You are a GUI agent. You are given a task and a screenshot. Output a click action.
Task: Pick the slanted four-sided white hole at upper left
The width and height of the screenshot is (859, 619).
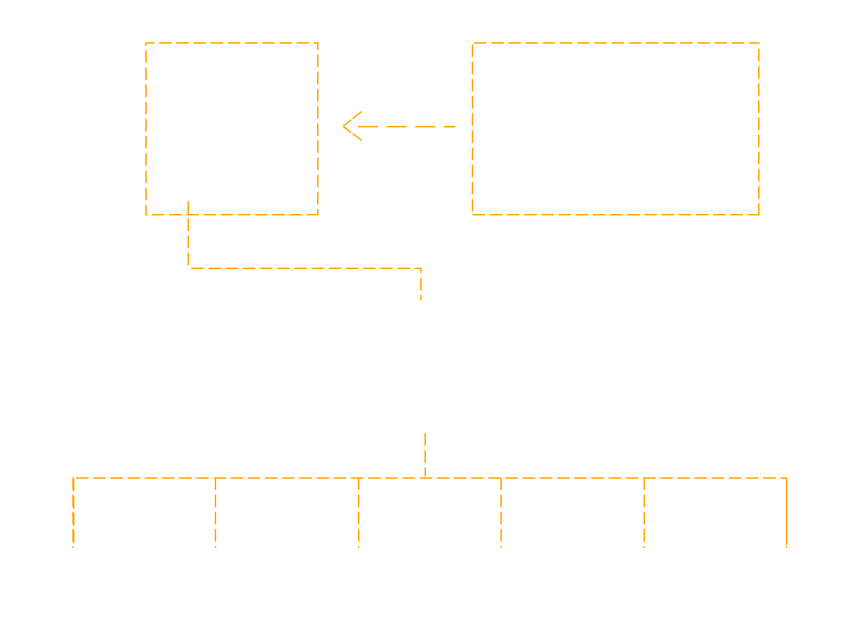[x=236, y=136]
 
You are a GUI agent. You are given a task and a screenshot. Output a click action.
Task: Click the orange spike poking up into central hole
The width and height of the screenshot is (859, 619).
[x=427, y=435]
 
